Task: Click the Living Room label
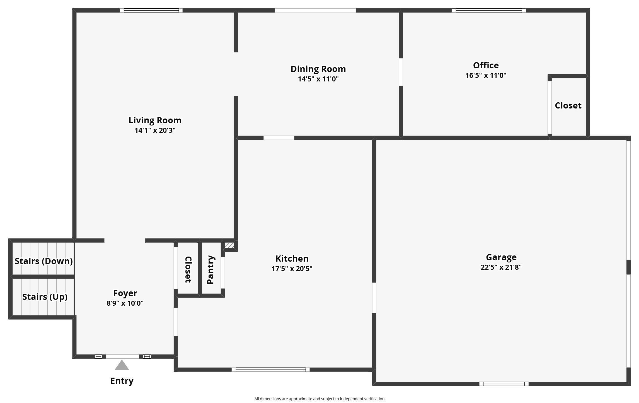tap(155, 120)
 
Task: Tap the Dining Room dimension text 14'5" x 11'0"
tap(318, 79)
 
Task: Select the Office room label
tap(486, 65)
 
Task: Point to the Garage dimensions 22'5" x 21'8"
tap(501, 267)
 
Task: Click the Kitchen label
tap(292, 259)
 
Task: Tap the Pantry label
tap(210, 270)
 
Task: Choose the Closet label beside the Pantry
tap(188, 270)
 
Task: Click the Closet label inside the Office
tap(568, 105)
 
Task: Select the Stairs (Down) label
tap(44, 261)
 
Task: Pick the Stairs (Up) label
tap(45, 297)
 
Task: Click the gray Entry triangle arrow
tap(122, 365)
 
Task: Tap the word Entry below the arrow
tap(122, 381)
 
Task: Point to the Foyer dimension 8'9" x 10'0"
tap(125, 303)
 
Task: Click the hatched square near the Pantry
tap(229, 245)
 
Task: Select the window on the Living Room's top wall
tap(151, 11)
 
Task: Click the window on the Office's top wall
tap(489, 11)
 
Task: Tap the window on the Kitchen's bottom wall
tap(271, 370)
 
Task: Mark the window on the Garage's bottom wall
tap(504, 384)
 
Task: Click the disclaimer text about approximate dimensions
tap(319, 399)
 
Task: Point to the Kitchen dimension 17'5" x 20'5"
tap(292, 269)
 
